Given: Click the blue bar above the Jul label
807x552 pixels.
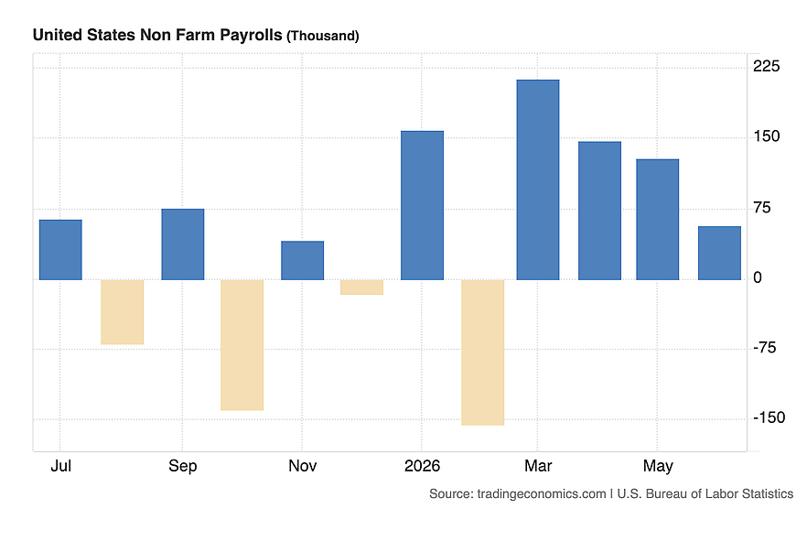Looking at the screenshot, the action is [x=60, y=250].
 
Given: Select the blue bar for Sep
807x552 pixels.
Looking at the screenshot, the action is [x=183, y=244].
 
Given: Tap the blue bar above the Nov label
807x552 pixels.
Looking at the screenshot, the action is [x=303, y=261].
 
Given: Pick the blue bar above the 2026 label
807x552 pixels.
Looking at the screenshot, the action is [x=422, y=205].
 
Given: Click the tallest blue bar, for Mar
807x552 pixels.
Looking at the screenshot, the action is [x=538, y=179].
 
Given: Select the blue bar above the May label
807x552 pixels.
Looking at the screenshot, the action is [x=658, y=220].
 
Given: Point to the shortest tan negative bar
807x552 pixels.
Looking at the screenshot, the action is [x=361, y=287].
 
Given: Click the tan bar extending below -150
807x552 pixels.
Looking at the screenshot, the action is [x=483, y=352].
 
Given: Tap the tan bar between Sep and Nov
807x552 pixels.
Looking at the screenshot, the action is [x=242, y=345].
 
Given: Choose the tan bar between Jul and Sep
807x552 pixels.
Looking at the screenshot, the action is [x=122, y=312].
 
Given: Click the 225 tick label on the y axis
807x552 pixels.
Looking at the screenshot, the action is [x=767, y=66].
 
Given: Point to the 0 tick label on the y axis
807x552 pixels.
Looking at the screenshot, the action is [x=757, y=277].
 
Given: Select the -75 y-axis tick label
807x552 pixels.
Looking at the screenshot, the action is [x=764, y=348].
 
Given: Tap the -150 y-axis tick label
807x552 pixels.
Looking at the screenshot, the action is [x=769, y=417].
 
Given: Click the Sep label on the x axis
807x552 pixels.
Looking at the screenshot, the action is [x=183, y=466].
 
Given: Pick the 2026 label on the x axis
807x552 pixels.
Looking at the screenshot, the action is [x=422, y=465].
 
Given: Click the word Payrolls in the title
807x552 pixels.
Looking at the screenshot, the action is [x=251, y=35].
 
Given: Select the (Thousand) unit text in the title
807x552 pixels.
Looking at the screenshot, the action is [x=323, y=36].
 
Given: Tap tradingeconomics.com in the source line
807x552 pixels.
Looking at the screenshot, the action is [x=542, y=493].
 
